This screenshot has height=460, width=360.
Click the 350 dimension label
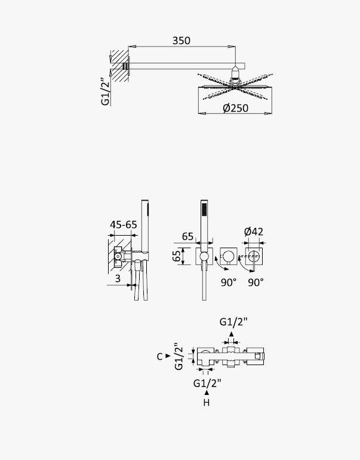pyautogui.click(x=181, y=41)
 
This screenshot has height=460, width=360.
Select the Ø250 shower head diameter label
pyautogui.click(x=235, y=108)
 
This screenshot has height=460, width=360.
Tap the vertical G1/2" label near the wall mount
pyautogui.click(x=105, y=91)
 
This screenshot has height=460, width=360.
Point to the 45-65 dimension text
pyautogui.click(x=124, y=225)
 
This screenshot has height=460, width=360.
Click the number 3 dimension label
pyautogui.click(x=118, y=279)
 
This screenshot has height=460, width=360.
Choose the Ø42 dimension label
pyautogui.click(x=254, y=231)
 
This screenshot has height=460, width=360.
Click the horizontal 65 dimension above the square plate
pyautogui.click(x=187, y=236)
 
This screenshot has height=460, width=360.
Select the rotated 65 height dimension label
pyautogui.click(x=176, y=256)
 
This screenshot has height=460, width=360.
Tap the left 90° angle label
pyautogui.click(x=229, y=283)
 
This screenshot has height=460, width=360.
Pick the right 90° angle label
pyautogui.click(x=256, y=283)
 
